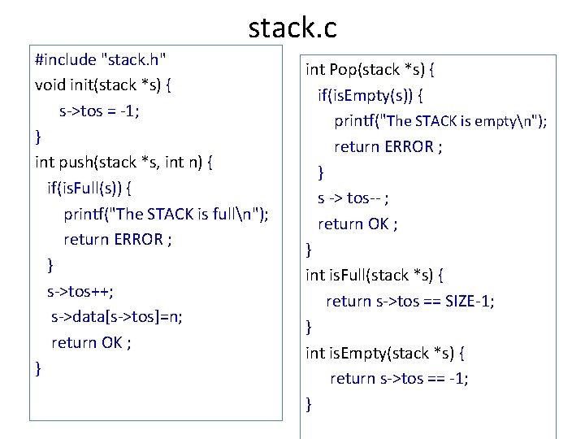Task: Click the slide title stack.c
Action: [292, 28]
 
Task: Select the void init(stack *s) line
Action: [104, 85]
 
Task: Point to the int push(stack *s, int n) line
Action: [124, 162]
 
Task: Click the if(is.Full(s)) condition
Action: [91, 188]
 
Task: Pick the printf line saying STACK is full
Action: [167, 214]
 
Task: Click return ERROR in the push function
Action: [117, 239]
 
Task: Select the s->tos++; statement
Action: [80, 290]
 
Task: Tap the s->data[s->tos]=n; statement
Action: [116, 316]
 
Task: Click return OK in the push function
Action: [91, 342]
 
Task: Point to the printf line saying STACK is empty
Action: [440, 121]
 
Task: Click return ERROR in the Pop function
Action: [388, 146]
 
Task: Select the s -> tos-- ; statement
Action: [353, 198]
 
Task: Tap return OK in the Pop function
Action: [357, 224]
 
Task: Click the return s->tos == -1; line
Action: [399, 378]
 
